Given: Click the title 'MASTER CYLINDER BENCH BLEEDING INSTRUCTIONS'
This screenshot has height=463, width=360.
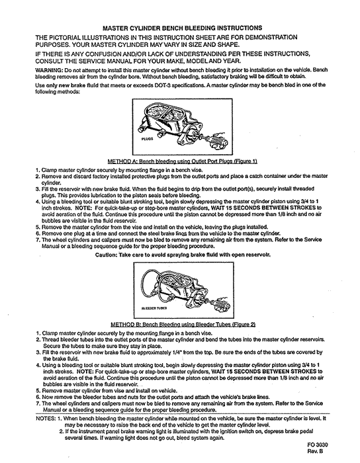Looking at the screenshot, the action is pyautogui.click(x=182, y=28).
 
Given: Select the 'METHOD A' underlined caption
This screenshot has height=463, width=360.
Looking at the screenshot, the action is pyautogui.click(x=182, y=161).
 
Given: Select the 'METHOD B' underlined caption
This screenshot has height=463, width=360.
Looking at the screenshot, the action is pyautogui.click(x=183, y=325).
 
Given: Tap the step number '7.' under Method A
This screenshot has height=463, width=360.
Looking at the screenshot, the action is pyautogui.click(x=38, y=239).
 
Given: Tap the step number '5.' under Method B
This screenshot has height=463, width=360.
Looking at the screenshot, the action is pyautogui.click(x=38, y=391).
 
